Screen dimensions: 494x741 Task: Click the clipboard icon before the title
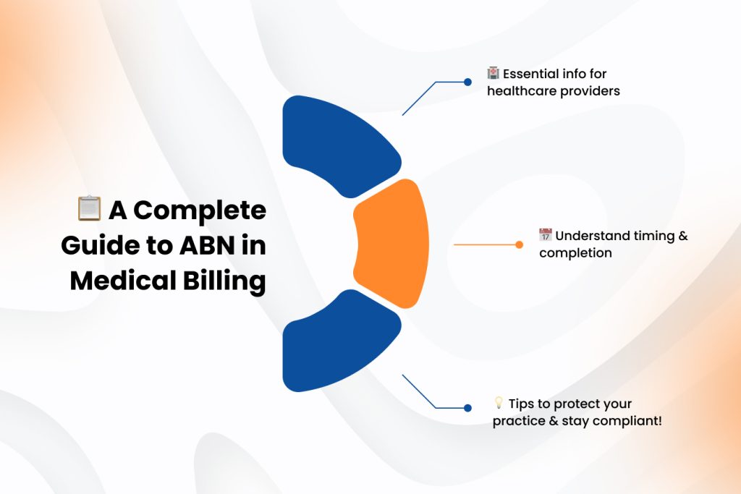(x=88, y=209)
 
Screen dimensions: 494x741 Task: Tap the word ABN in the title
(x=211, y=246)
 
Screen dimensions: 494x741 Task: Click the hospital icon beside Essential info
(x=494, y=73)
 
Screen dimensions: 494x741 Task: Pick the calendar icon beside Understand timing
(x=546, y=235)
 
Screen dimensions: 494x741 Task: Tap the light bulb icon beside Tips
(x=498, y=403)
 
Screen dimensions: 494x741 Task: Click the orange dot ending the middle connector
(x=519, y=244)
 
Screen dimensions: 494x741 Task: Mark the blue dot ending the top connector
(x=467, y=82)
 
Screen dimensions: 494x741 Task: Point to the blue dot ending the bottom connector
(x=467, y=408)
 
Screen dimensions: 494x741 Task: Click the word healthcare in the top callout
(x=517, y=91)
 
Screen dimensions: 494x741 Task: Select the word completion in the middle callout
(x=575, y=253)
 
